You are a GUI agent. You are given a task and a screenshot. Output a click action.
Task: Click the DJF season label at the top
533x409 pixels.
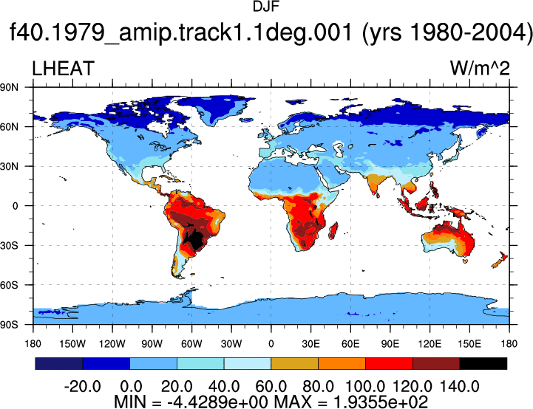[x=266, y=7]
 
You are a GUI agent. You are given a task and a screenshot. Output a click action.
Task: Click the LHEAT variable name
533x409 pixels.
[x=64, y=69]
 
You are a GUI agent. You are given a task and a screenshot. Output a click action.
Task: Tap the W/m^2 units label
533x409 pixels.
[x=480, y=69]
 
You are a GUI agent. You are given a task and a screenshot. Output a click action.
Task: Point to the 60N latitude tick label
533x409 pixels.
[x=9, y=127]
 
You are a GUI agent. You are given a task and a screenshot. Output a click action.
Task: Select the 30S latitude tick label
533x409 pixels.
[x=9, y=245]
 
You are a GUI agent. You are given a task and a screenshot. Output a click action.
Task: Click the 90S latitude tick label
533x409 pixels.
[x=9, y=325]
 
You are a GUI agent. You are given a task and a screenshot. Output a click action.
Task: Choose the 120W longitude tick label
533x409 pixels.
[x=112, y=344]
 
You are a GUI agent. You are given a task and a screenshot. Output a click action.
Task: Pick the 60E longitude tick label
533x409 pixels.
[x=350, y=344]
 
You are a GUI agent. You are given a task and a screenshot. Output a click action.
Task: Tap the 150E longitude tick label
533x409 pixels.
[x=469, y=344]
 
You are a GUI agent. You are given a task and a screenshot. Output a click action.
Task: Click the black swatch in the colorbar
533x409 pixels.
[x=483, y=363]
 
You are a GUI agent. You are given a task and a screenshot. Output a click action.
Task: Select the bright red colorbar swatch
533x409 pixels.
[x=389, y=363]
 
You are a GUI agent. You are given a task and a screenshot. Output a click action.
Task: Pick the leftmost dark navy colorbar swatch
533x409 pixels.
[x=59, y=363]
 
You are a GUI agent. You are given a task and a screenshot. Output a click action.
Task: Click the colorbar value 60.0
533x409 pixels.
[x=271, y=387]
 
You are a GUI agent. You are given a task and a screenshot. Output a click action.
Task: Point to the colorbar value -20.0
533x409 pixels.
[x=82, y=387]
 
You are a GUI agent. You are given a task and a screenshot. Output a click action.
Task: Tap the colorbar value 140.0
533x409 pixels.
[x=460, y=387]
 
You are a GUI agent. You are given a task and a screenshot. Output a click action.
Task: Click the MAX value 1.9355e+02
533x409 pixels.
[x=381, y=402]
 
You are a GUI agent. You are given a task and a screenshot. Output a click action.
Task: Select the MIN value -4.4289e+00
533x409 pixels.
[x=217, y=402]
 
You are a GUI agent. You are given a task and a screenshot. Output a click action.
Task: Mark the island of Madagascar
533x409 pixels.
[x=333, y=230]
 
